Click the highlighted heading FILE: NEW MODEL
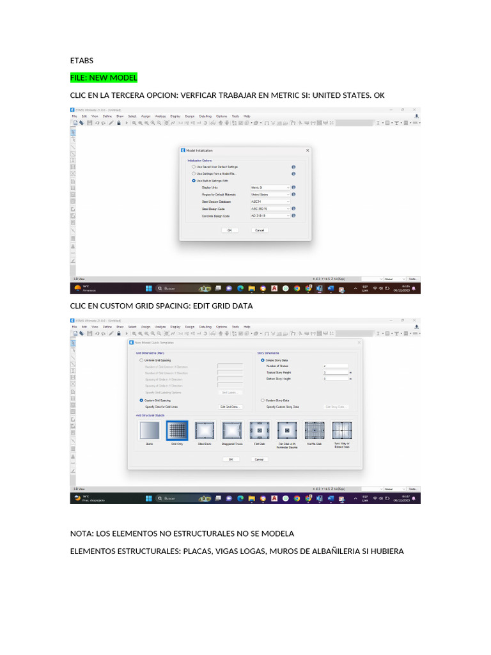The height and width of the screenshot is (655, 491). [104, 78]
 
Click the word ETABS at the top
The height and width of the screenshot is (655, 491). [81, 61]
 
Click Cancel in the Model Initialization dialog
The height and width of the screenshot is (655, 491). [260, 230]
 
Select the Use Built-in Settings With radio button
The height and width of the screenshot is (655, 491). [194, 180]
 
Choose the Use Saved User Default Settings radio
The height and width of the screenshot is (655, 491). [194, 167]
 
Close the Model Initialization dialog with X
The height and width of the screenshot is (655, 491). [308, 150]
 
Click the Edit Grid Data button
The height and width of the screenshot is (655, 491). [230, 407]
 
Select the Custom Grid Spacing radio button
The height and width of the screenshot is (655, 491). [141, 400]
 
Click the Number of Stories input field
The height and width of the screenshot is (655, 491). [335, 366]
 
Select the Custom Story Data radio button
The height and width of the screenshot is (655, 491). [262, 400]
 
